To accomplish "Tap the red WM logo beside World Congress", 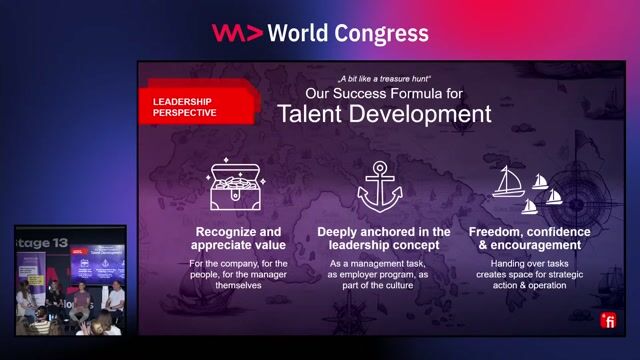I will click(237, 33).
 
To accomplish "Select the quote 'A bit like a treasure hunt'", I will click(384, 77).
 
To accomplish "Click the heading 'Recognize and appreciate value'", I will click(240, 238).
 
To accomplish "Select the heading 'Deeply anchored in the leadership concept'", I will click(384, 238).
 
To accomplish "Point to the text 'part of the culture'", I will click(384, 285).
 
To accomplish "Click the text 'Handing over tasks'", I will click(530, 262).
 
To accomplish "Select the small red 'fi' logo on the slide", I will click(607, 320).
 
